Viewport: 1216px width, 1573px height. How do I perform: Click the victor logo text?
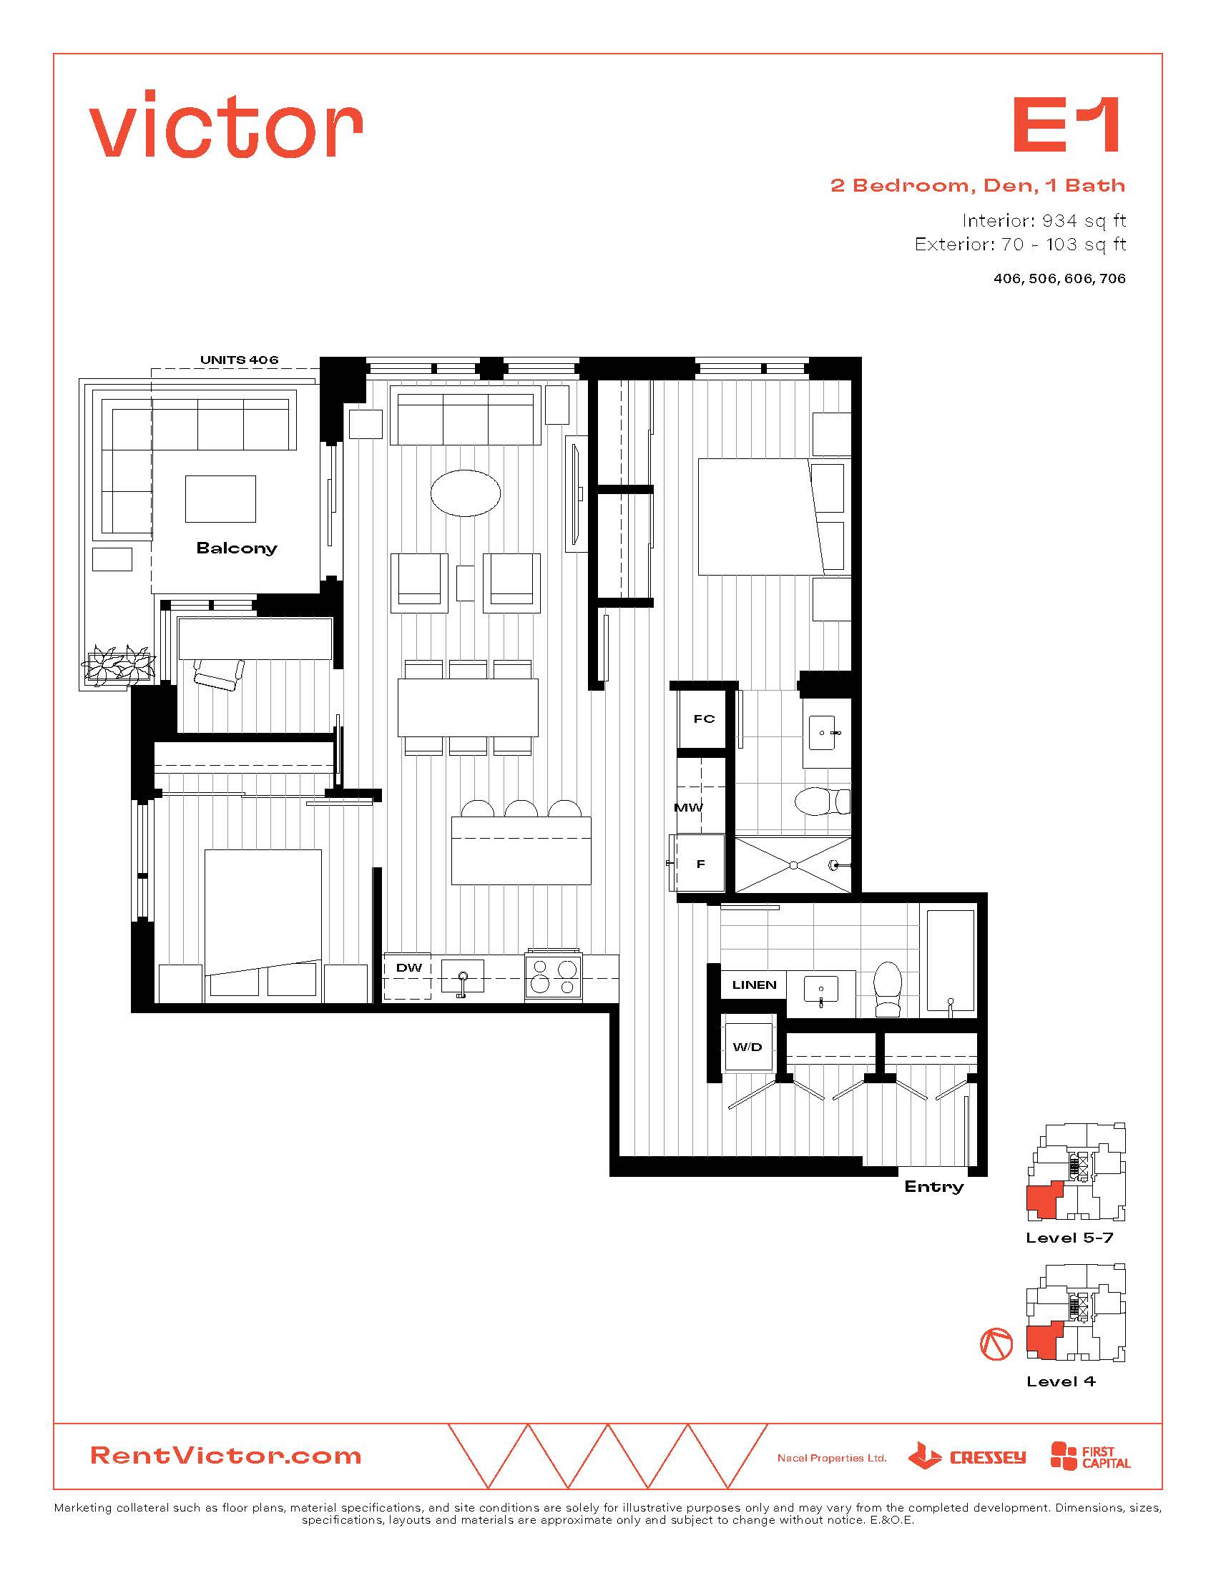pyautogui.click(x=226, y=124)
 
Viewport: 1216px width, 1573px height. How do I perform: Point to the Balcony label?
pyautogui.click(x=236, y=548)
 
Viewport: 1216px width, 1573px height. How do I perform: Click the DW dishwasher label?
pyautogui.click(x=408, y=967)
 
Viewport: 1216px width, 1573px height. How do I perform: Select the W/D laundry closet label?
pyautogui.click(x=747, y=1047)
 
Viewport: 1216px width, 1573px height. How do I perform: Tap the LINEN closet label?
pyautogui.click(x=754, y=985)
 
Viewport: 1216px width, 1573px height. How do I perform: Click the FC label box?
pyautogui.click(x=704, y=718)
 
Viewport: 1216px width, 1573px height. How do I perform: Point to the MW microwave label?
pyautogui.click(x=688, y=807)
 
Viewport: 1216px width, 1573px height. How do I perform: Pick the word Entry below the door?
pyautogui.click(x=933, y=1186)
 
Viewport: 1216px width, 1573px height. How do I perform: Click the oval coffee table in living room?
pyautogui.click(x=466, y=493)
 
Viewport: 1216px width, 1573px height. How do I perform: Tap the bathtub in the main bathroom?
pyautogui.click(x=951, y=964)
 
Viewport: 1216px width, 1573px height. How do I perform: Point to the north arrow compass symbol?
pyautogui.click(x=996, y=1344)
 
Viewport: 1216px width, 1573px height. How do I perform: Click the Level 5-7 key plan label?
pyautogui.click(x=1070, y=1238)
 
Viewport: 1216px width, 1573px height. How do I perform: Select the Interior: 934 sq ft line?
pyautogui.click(x=1044, y=220)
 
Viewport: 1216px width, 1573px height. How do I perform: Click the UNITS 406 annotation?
pyautogui.click(x=239, y=360)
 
